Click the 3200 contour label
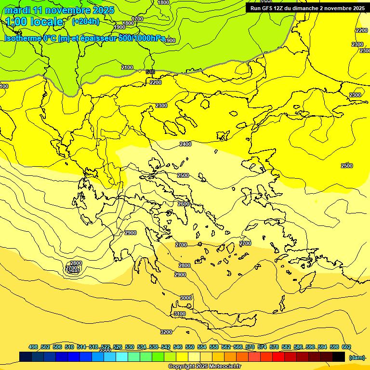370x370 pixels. [x=166, y=332]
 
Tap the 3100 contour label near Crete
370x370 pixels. [x=179, y=314]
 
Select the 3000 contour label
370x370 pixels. [x=186, y=298]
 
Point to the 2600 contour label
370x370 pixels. [x=184, y=204]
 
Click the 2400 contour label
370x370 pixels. [x=185, y=144]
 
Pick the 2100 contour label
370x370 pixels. [x=127, y=67]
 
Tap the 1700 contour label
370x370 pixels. [x=137, y=19]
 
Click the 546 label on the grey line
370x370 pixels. [x=150, y=72]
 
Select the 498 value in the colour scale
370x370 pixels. [x=33, y=347]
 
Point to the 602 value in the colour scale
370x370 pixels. [x=346, y=347]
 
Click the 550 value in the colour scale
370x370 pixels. [x=190, y=347]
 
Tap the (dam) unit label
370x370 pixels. [x=357, y=357]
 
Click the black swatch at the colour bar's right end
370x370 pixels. [x=339, y=357]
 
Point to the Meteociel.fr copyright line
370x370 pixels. [x=204, y=367]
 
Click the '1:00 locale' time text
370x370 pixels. [x=35, y=22]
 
